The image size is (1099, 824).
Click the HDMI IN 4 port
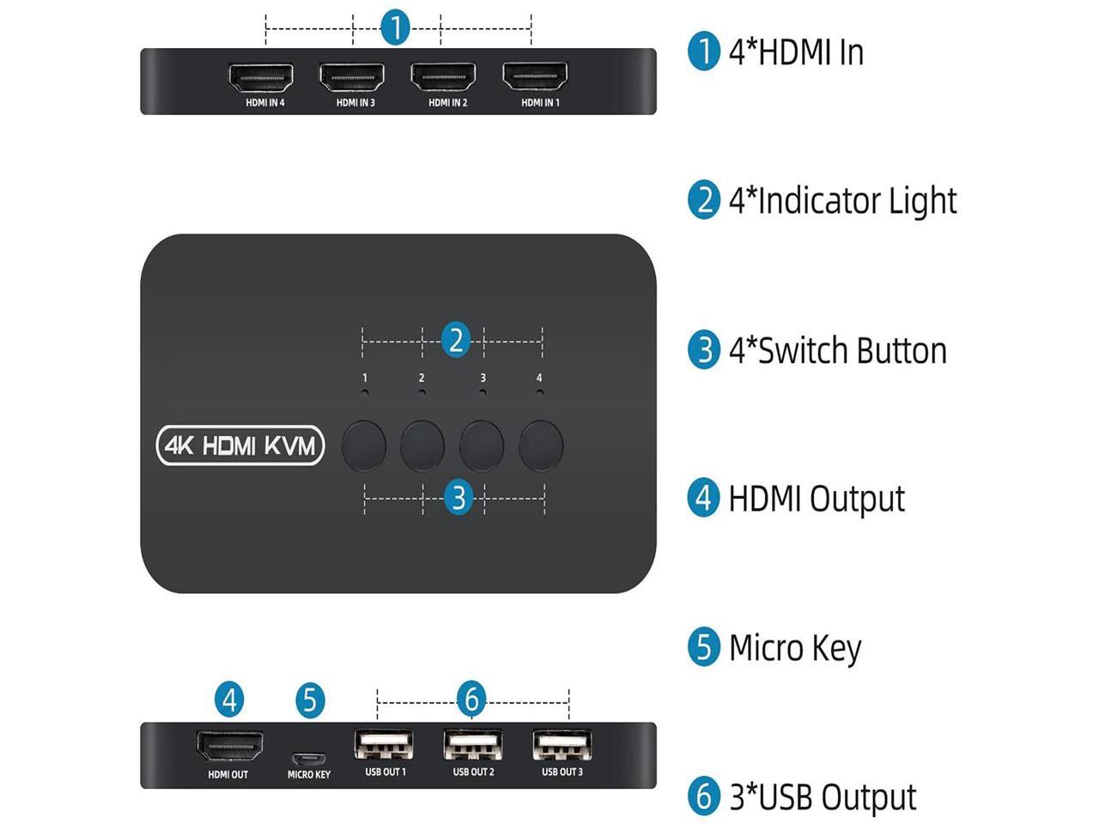pyautogui.click(x=261, y=78)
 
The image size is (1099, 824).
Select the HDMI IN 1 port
pyautogui.click(x=535, y=78)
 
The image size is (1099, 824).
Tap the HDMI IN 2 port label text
pyautogui.click(x=448, y=103)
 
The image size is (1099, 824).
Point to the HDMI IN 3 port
pyautogui.click(x=352, y=78)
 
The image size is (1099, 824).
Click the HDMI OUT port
pyautogui.click(x=229, y=747)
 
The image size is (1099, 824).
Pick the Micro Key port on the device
pyautogui.click(x=308, y=759)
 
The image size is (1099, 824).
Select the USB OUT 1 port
pyautogui.click(x=384, y=745)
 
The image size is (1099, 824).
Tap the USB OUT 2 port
pyautogui.click(x=473, y=745)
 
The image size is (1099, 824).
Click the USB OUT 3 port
pyautogui.click(x=562, y=745)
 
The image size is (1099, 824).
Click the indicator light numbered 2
pyautogui.click(x=422, y=392)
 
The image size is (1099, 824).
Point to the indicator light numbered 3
pyautogui.click(x=483, y=392)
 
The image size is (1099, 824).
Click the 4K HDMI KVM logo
pyautogui.click(x=240, y=445)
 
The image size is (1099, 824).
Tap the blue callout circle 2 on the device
pyautogui.click(x=456, y=341)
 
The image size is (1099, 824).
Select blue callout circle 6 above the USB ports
pyautogui.click(x=471, y=699)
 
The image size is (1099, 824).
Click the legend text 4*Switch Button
pyautogui.click(x=837, y=351)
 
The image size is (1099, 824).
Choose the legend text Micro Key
pyautogui.click(x=794, y=648)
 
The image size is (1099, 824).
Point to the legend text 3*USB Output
pyautogui.click(x=822, y=797)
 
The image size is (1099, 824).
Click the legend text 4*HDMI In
pyautogui.click(x=795, y=52)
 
